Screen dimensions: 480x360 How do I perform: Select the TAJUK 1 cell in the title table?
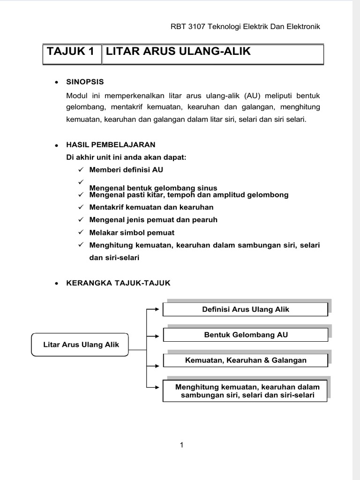click(72, 52)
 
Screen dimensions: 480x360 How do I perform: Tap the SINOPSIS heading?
click(85, 82)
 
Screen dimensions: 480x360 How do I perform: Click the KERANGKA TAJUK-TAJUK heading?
click(119, 283)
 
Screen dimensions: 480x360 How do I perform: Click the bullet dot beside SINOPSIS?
click(56, 82)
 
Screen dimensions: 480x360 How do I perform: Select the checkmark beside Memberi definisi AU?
click(81, 170)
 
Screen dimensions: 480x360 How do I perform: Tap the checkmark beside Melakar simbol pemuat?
click(81, 232)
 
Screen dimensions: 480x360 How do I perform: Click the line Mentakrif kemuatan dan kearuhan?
click(151, 207)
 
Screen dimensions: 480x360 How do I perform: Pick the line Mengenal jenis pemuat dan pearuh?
click(153, 220)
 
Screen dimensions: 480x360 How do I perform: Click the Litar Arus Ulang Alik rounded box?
click(81, 345)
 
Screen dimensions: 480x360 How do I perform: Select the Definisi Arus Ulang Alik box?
click(246, 309)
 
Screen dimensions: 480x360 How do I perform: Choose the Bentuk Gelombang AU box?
click(246, 335)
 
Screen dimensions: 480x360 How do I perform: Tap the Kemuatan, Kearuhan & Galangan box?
click(246, 360)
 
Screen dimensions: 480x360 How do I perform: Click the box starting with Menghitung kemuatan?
click(246, 391)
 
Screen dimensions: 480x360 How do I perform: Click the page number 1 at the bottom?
click(181, 445)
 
